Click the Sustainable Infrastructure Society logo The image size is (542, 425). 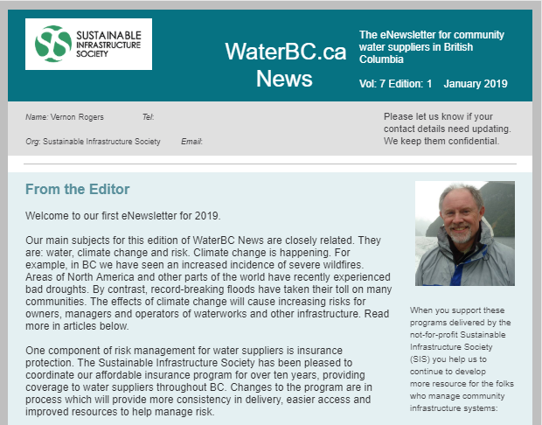[x=94, y=44]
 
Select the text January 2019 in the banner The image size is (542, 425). [x=476, y=84]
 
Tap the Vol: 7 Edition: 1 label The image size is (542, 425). [x=396, y=84]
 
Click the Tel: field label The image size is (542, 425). [x=148, y=116]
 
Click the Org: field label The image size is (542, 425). [x=33, y=142]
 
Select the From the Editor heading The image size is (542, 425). [x=77, y=189]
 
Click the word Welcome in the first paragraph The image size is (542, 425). [x=52, y=215]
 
